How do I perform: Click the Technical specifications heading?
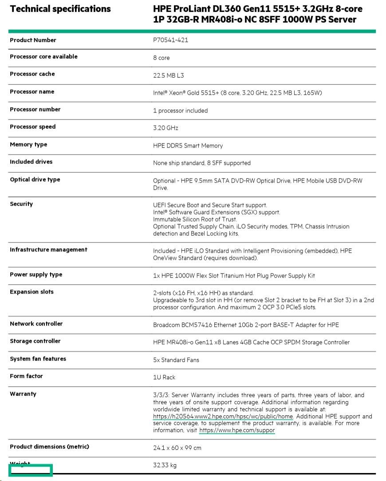60,9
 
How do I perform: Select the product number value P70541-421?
171,40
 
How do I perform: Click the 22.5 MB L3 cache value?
169,76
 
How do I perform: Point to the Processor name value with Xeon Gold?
237,93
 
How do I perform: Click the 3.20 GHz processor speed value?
165,128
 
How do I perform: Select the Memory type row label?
28,145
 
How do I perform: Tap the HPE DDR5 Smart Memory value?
188,146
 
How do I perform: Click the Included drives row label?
31,162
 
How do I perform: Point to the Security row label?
21,204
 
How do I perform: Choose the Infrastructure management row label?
48,250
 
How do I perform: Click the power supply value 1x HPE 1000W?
234,276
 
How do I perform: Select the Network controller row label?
36,324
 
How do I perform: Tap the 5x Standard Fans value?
176,360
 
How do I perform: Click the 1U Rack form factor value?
164,377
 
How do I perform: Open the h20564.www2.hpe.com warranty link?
223,417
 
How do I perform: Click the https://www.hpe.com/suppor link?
237,430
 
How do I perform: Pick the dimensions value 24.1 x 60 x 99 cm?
177,448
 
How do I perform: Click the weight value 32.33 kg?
165,465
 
